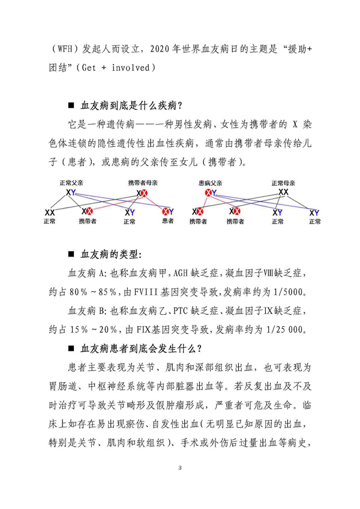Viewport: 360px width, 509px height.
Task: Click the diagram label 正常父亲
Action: coord(71,182)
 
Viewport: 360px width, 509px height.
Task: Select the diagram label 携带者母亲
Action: coord(142,182)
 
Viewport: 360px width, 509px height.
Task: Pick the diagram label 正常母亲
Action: coord(284,182)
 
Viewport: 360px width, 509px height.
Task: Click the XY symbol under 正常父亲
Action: coord(71,192)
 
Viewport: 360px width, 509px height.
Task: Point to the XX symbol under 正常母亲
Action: coord(284,192)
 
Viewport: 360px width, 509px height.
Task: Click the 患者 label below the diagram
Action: coord(169,222)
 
